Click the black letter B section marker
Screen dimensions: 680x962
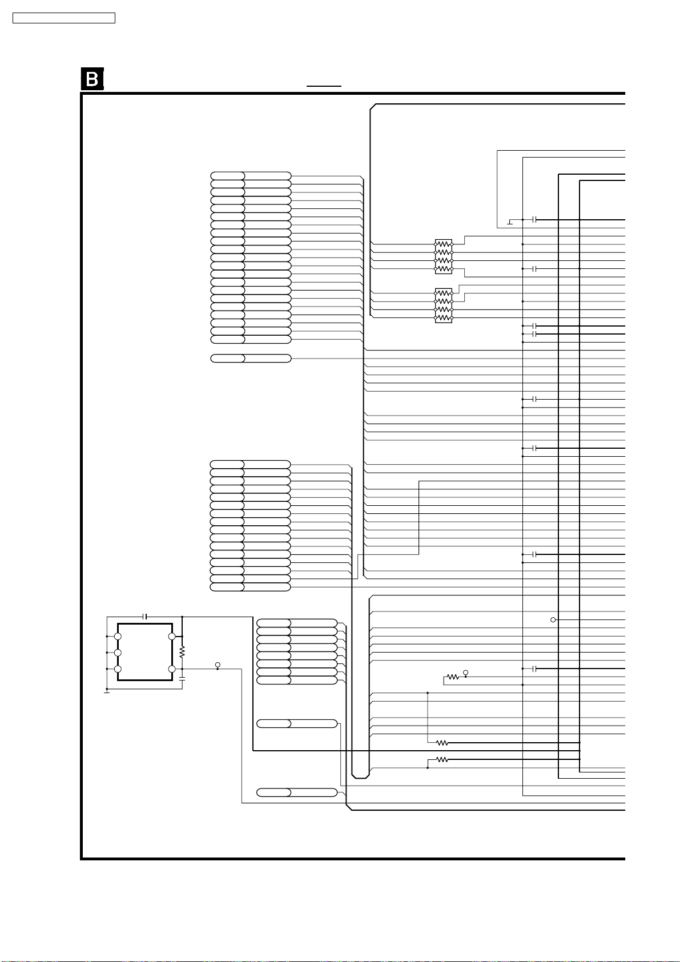click(92, 79)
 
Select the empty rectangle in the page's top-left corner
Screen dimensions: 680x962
click(64, 18)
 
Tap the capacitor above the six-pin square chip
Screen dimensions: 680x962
click(145, 617)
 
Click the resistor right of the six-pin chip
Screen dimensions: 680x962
click(182, 652)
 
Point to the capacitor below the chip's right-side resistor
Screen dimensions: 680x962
click(182, 679)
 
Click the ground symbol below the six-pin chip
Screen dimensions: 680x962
click(107, 692)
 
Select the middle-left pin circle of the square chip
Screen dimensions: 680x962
click(118, 653)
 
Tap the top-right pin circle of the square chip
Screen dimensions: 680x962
click(172, 637)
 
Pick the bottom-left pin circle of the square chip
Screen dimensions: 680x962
click(118, 669)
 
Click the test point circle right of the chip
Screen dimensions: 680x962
click(218, 665)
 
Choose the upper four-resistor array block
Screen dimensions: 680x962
click(444, 256)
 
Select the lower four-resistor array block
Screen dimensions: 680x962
click(444, 305)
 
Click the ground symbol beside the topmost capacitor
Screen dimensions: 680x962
click(510, 222)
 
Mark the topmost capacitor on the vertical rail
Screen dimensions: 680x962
click(534, 220)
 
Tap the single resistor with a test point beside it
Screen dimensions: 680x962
click(453, 677)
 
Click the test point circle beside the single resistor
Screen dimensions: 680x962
click(466, 673)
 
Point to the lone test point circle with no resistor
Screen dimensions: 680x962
click(553, 619)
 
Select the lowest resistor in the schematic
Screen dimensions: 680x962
click(442, 760)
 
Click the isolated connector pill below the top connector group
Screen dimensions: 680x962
click(251, 358)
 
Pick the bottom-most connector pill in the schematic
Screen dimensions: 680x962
click(297, 792)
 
